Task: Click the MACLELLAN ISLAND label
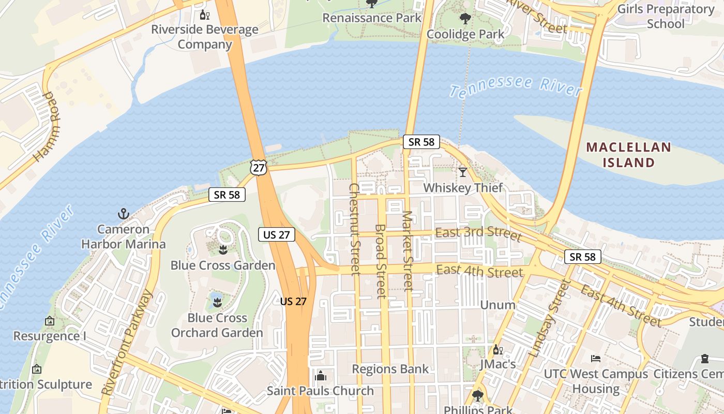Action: coord(628,155)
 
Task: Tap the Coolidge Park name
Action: coord(465,34)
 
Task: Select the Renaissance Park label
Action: coord(372,18)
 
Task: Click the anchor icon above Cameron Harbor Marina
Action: coord(123,213)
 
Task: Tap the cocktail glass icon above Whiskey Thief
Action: coord(462,172)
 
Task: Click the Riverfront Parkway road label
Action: coord(128,342)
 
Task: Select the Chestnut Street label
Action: coord(354,229)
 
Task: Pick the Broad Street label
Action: coord(380,261)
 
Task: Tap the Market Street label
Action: coord(408,250)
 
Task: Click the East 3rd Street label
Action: coord(478,233)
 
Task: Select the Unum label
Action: coord(497,305)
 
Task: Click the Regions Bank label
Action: coord(390,369)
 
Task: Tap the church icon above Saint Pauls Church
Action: coord(320,375)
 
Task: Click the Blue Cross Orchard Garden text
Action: coord(217,325)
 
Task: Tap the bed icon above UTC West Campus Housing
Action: coord(596,358)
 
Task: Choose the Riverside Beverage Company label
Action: coord(205,37)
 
